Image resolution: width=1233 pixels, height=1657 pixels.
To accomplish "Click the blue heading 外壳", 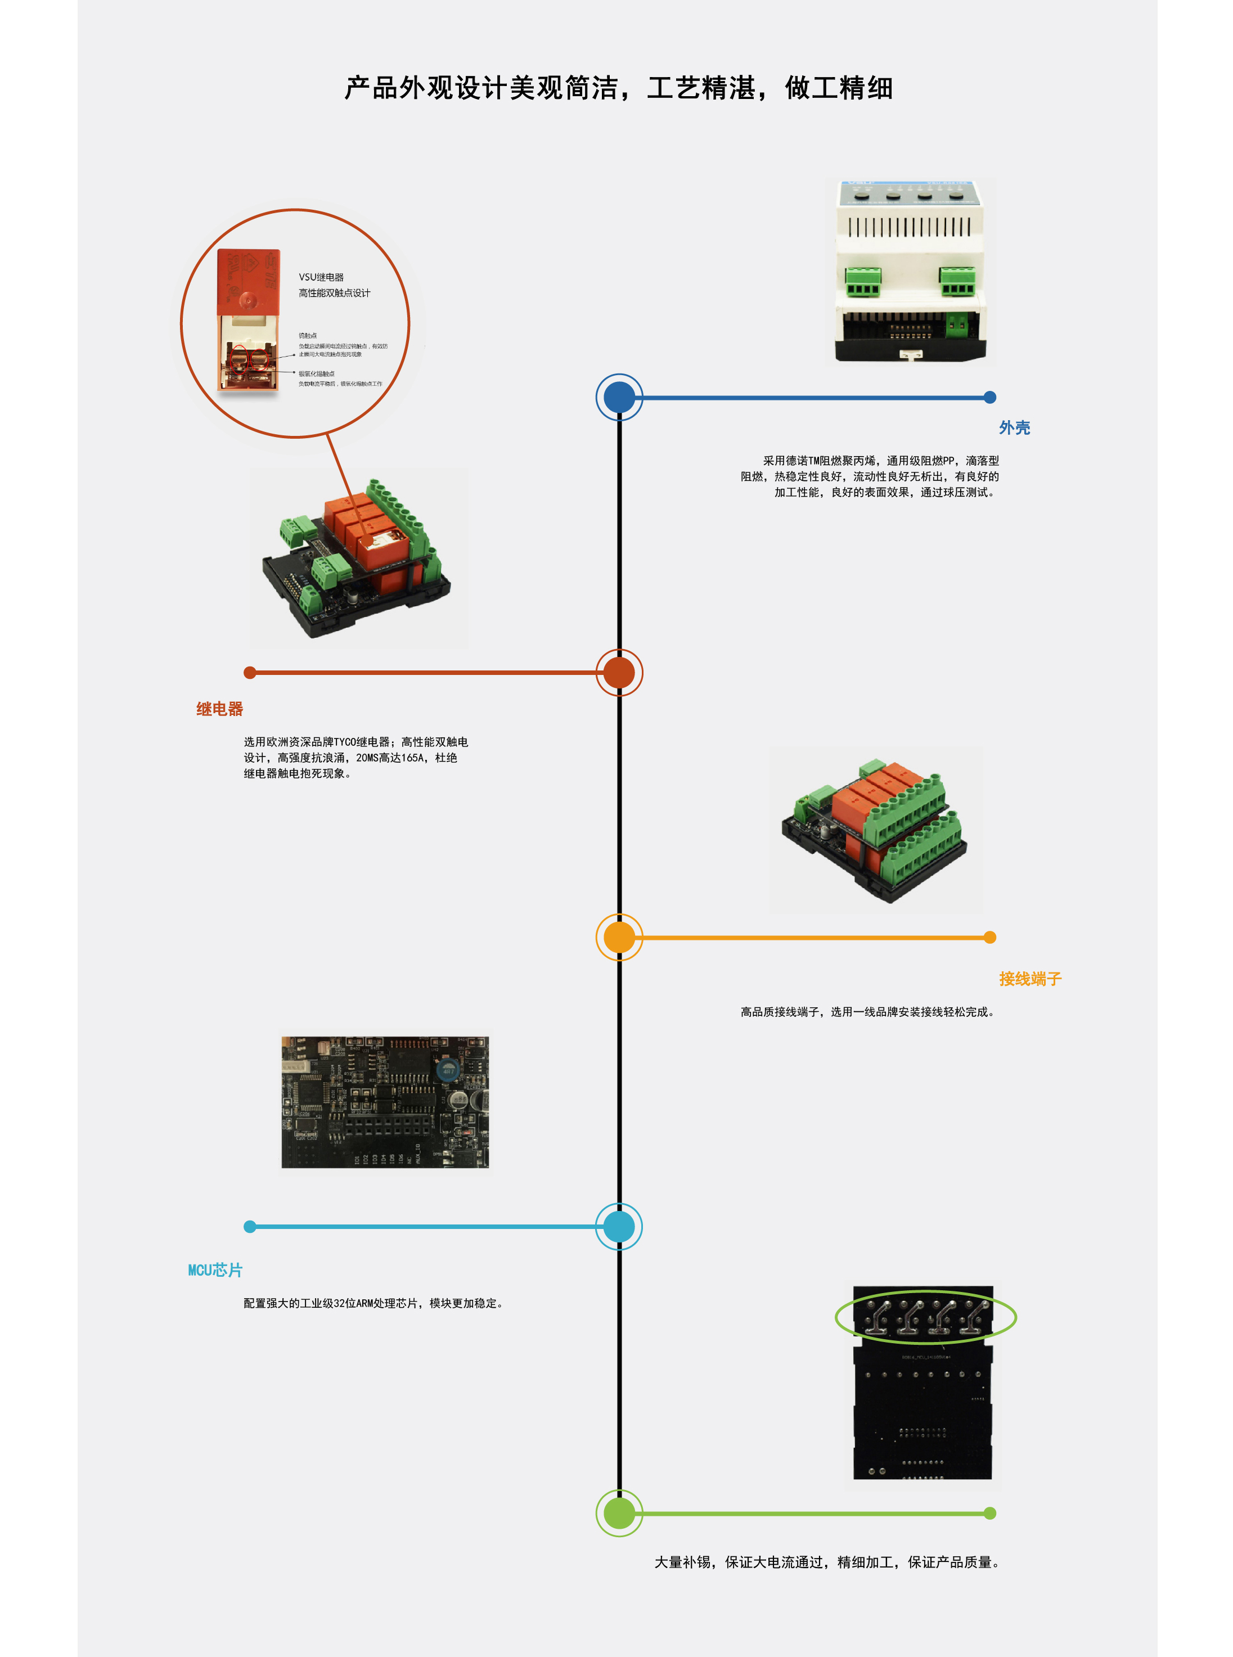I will [x=1014, y=427].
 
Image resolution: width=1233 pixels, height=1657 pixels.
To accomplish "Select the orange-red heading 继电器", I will [x=219, y=709].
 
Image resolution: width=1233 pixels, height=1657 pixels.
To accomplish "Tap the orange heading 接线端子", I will [x=1029, y=979].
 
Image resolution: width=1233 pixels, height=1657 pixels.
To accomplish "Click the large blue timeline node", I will [x=619, y=397].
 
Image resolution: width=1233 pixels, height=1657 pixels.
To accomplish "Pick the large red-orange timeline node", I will [x=619, y=673].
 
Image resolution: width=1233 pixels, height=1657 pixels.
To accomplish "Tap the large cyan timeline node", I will [x=619, y=1226].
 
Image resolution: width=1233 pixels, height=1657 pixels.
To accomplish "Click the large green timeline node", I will [x=619, y=1513].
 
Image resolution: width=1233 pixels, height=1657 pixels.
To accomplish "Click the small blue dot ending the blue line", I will [x=989, y=397].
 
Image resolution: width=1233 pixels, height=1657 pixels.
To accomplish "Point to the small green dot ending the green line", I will [x=989, y=1513].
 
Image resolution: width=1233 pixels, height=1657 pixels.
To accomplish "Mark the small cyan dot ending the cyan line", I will [x=250, y=1226].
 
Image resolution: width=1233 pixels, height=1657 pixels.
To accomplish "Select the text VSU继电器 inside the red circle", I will [x=321, y=277].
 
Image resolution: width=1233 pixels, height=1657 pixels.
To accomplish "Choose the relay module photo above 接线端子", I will [x=875, y=830].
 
